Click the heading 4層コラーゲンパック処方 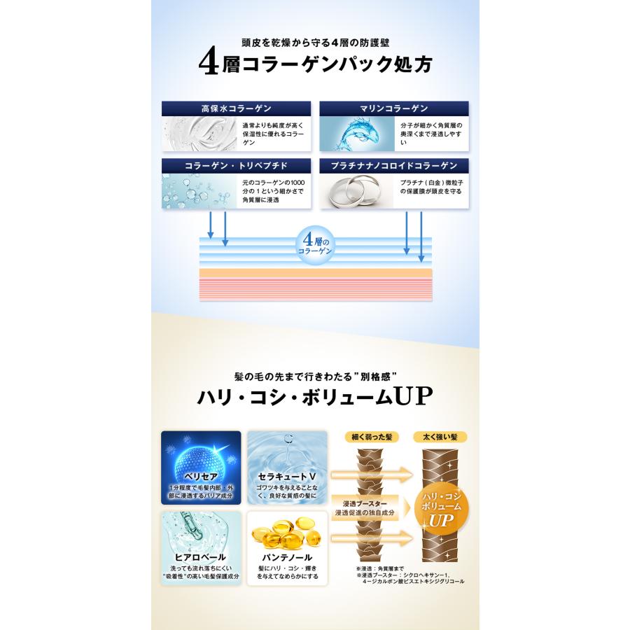(315, 64)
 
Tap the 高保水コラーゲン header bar (236, 108)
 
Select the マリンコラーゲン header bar (393, 108)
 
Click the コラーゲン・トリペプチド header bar (236, 167)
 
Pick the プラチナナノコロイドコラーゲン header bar (393, 167)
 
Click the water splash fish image (355, 134)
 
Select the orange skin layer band (315, 273)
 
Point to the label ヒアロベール (201, 557)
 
